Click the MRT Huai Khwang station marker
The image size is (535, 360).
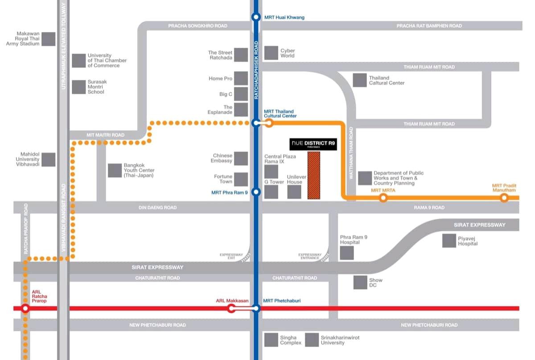tap(256, 17)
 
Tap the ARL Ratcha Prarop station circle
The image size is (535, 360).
tap(25, 308)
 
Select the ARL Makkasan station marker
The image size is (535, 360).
tap(231, 308)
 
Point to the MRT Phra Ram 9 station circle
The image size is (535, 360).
tap(256, 192)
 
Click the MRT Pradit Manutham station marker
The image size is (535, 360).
tap(504, 198)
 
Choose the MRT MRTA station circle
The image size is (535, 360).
tap(383, 198)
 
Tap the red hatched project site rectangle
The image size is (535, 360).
tap(314, 175)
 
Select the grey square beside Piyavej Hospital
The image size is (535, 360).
tap(449, 241)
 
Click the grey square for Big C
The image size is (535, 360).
tap(241, 94)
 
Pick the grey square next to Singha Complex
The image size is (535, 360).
tap(271, 340)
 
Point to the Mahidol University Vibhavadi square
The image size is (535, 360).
tap(49, 160)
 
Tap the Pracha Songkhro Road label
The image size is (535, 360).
tap(198, 26)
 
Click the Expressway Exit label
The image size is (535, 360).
tap(231, 256)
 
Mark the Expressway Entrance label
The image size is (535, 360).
tap(310, 256)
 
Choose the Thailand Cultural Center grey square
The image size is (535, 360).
tap(360, 80)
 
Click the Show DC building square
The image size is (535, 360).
tap(360, 282)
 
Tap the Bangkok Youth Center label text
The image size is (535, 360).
tap(139, 170)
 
